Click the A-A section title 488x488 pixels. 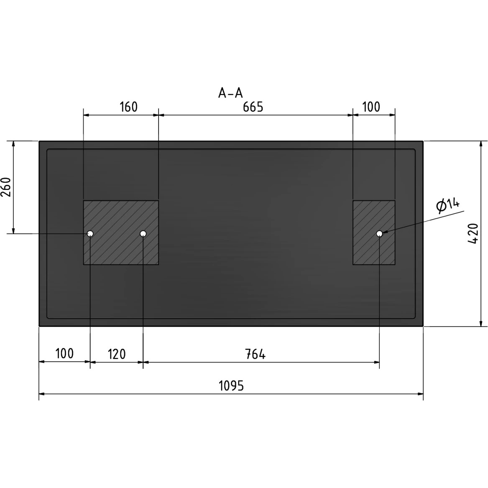[230, 93]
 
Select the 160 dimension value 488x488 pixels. [128, 107]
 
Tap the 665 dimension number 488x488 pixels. [253, 107]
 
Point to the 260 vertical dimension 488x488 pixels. [6, 187]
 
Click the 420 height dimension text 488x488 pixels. [473, 233]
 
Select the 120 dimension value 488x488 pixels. [117, 354]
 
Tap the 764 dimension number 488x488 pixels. [255, 354]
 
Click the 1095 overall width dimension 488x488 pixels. [231, 386]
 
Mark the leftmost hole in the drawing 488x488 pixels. [90, 233]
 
